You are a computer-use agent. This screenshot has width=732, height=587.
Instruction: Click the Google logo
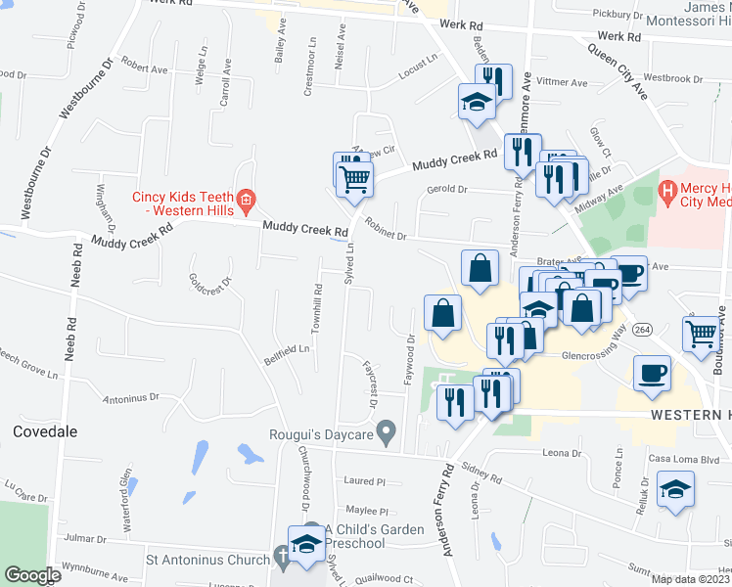(x=31, y=575)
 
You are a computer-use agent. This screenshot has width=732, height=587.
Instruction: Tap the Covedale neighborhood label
(x=45, y=431)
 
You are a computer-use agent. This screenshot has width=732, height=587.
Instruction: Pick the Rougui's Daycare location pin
(x=387, y=430)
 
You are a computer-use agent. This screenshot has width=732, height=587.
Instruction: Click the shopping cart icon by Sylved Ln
(x=355, y=177)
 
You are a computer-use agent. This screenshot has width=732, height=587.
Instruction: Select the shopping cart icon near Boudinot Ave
(x=703, y=334)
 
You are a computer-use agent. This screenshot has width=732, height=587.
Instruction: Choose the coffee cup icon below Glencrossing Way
(x=652, y=373)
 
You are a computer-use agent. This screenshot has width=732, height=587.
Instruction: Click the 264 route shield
(x=642, y=328)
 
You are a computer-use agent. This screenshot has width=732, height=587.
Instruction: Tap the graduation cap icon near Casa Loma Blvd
(x=675, y=488)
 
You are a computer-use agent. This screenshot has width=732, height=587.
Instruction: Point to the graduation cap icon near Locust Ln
(x=477, y=102)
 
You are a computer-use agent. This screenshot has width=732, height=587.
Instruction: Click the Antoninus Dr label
(x=130, y=398)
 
